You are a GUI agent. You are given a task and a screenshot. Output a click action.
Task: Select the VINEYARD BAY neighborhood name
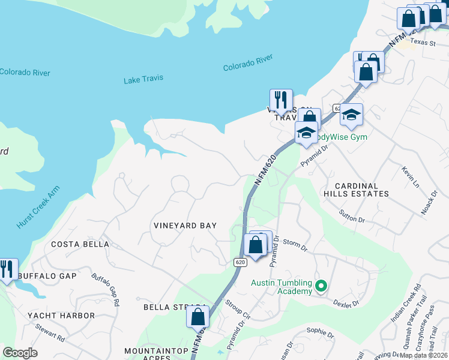click(x=184, y=226)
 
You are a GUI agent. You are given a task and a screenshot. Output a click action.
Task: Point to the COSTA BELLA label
click(x=80, y=244)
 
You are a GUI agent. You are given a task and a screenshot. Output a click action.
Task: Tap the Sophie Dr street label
click(x=319, y=332)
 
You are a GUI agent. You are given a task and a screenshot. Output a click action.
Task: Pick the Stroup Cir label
click(x=238, y=308)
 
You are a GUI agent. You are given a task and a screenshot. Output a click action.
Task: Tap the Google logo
click(x=20, y=353)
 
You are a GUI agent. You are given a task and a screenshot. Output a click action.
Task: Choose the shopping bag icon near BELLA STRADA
click(x=197, y=316)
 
